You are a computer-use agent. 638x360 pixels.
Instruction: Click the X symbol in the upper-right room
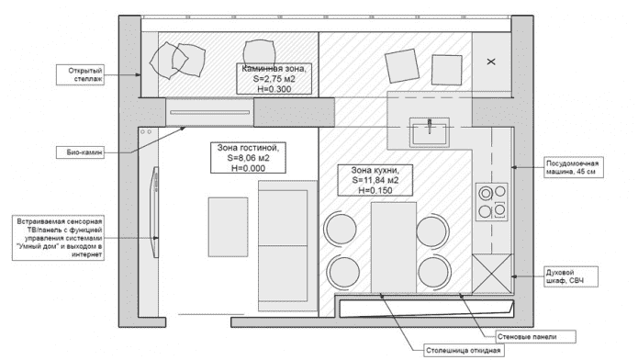tap(490, 62)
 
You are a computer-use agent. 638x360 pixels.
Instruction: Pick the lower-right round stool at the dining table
tap(433, 272)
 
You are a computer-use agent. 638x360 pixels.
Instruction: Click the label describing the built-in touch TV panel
tap(60, 238)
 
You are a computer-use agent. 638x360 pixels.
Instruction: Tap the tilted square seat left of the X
tap(405, 65)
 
